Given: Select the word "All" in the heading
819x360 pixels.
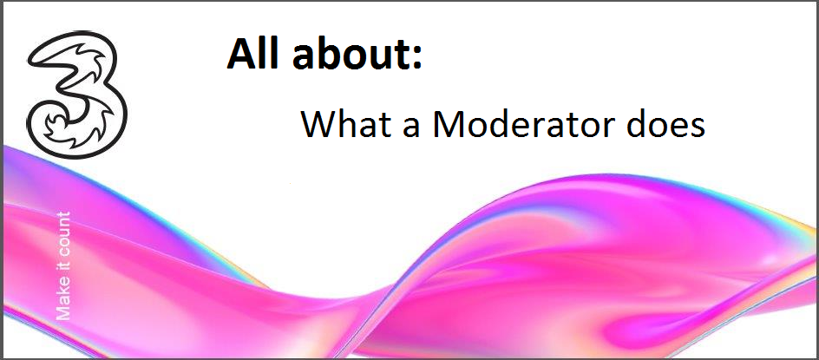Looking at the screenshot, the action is click(248, 53).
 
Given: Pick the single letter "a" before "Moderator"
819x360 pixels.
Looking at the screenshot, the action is click(410, 128).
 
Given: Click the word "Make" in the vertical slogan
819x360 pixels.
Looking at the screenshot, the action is click(63, 302).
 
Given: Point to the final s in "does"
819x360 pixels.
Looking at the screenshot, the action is click(697, 128).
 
